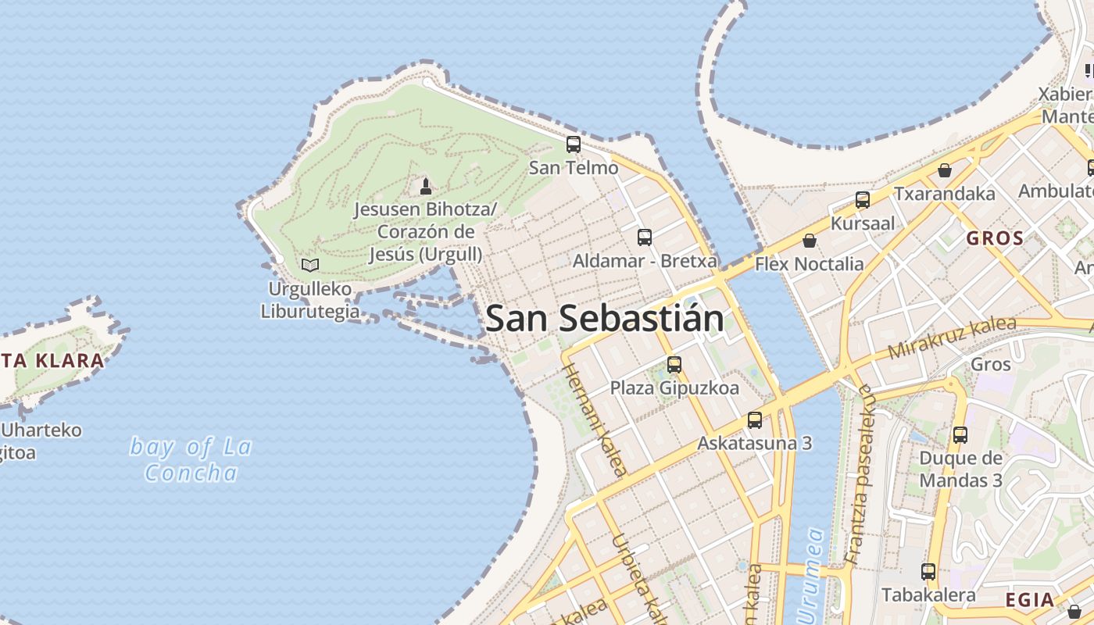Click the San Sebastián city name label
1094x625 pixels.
604,319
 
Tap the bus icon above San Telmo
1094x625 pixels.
574,145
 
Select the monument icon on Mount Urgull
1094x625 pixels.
426,186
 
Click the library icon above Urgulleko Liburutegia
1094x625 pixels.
310,265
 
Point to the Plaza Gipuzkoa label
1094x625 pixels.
674,387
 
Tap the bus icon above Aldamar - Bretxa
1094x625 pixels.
645,237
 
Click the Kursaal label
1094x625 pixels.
863,223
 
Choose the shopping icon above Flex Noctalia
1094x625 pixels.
810,241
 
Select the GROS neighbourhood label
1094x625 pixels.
995,238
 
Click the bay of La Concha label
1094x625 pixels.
191,459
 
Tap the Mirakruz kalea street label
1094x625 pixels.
953,338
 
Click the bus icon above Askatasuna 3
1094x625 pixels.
755,420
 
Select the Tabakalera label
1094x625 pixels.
928,595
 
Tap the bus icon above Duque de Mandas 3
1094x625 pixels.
960,435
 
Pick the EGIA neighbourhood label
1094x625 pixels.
1029,600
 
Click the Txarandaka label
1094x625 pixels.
945,194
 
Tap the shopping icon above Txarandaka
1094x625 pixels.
945,170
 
